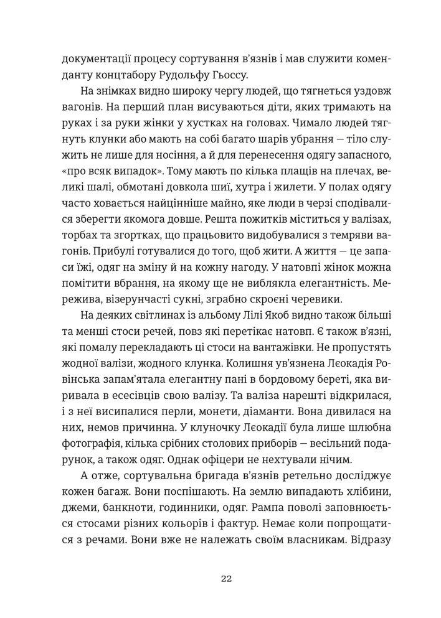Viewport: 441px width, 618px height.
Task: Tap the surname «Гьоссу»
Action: click(250, 76)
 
